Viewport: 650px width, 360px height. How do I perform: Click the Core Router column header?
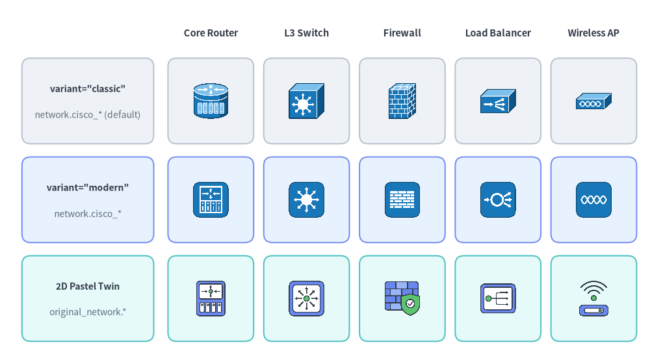(x=211, y=32)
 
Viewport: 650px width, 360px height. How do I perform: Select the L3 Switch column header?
(x=306, y=32)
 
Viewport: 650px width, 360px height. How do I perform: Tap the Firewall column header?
(x=402, y=32)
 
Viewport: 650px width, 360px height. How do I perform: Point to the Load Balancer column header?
(x=498, y=32)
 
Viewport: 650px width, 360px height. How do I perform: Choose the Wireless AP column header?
(x=593, y=32)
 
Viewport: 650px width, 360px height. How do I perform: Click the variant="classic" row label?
(x=88, y=88)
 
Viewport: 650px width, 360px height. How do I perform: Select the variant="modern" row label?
(x=88, y=188)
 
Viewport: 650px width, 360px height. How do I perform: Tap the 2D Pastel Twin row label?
(x=88, y=287)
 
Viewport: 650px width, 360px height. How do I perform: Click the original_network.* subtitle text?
(x=88, y=312)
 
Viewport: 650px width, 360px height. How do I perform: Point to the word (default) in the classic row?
(x=122, y=115)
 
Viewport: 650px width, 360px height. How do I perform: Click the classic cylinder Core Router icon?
(x=211, y=101)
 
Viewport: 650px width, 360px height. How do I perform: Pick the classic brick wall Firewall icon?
(x=402, y=101)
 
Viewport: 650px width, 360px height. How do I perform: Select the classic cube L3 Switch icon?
(x=306, y=101)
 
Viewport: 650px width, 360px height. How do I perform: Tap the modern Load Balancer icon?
(x=498, y=199)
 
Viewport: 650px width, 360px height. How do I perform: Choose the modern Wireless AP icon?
(x=593, y=199)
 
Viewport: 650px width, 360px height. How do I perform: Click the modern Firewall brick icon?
(x=402, y=199)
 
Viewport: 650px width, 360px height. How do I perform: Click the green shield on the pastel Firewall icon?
(x=410, y=305)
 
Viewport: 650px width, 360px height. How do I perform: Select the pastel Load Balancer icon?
(x=498, y=298)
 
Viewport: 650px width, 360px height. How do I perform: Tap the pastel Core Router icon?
(x=211, y=298)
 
